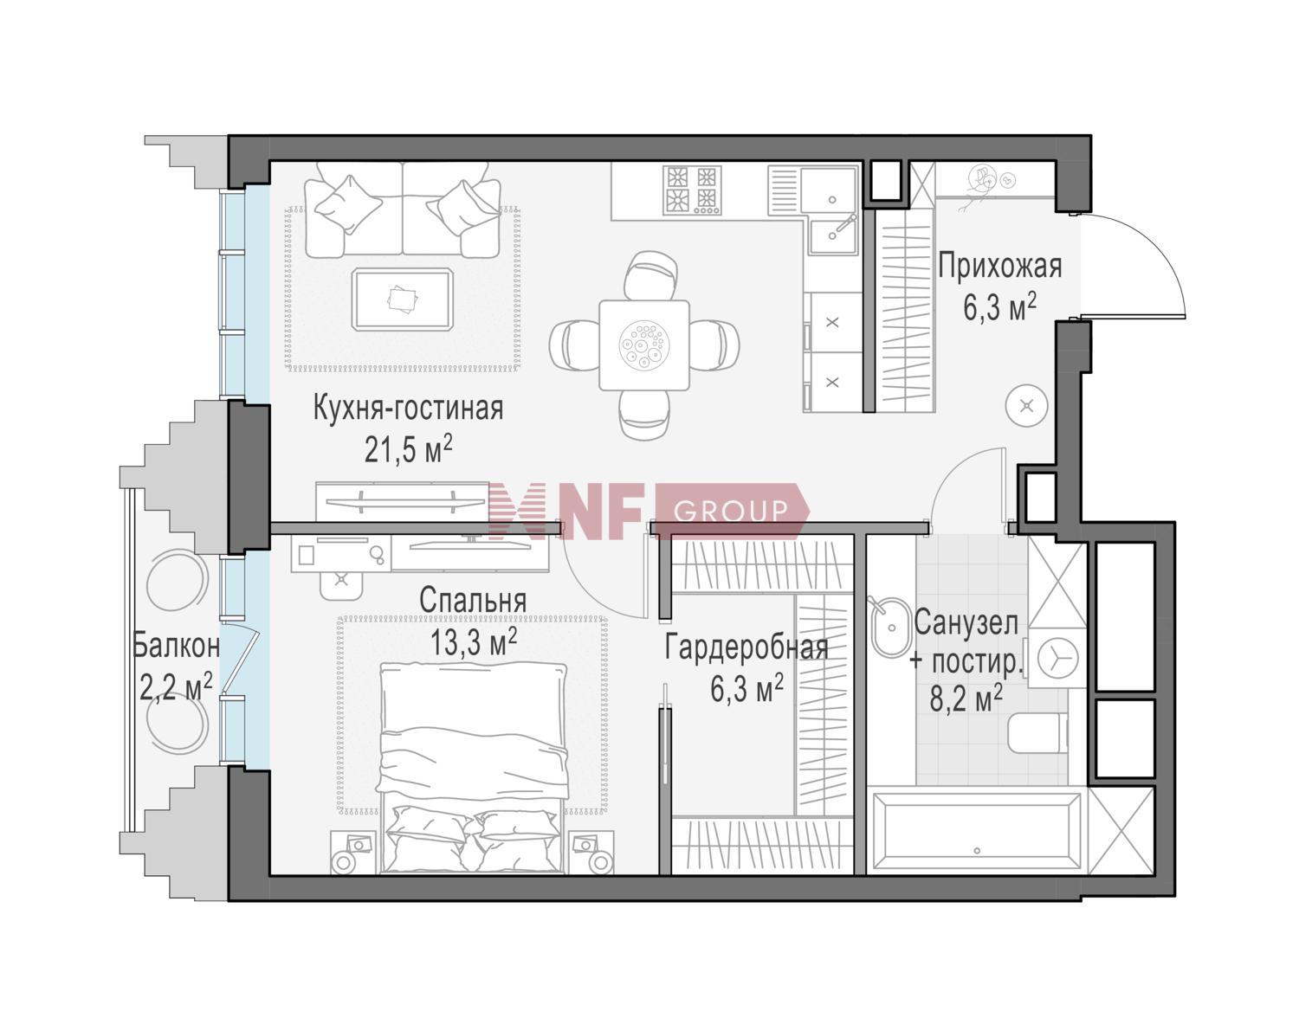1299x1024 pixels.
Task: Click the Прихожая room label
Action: click(x=999, y=267)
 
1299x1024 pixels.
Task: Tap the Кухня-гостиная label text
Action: click(x=408, y=409)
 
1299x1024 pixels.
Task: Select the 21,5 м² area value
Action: click(x=408, y=448)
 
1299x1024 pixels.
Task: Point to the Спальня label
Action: click(x=473, y=601)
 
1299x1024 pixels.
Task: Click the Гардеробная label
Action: click(x=746, y=648)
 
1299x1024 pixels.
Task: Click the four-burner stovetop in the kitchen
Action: click(x=692, y=190)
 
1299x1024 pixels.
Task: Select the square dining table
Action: click(x=644, y=345)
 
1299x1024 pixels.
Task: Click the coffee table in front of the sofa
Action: click(x=403, y=299)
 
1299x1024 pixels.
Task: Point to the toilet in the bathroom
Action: click(x=1037, y=733)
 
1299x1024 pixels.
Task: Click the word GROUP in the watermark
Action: click(x=730, y=512)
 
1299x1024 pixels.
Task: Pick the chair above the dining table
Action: click(x=649, y=274)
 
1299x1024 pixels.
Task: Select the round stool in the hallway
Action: click(x=1027, y=405)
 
